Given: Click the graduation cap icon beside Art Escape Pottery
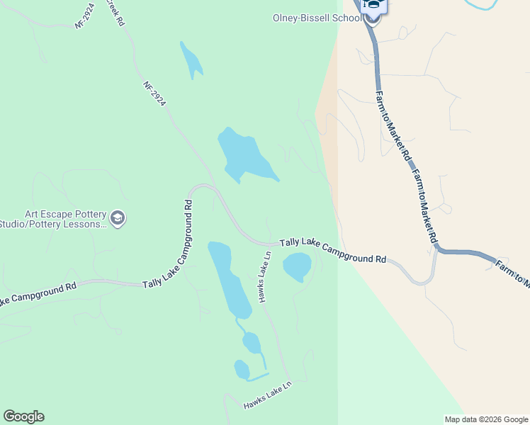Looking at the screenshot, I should coord(118,219).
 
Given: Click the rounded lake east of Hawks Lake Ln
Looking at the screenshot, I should coord(297,266).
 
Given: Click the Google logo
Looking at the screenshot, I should coord(23,416).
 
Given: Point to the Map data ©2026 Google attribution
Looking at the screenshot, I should coord(487,419).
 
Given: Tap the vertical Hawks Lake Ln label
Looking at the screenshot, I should coord(265,277).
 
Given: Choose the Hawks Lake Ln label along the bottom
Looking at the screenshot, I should coord(267,395).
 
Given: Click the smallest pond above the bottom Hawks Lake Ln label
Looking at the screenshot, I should coord(242,369).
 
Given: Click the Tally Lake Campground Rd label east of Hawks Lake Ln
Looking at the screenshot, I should coord(333,250).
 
